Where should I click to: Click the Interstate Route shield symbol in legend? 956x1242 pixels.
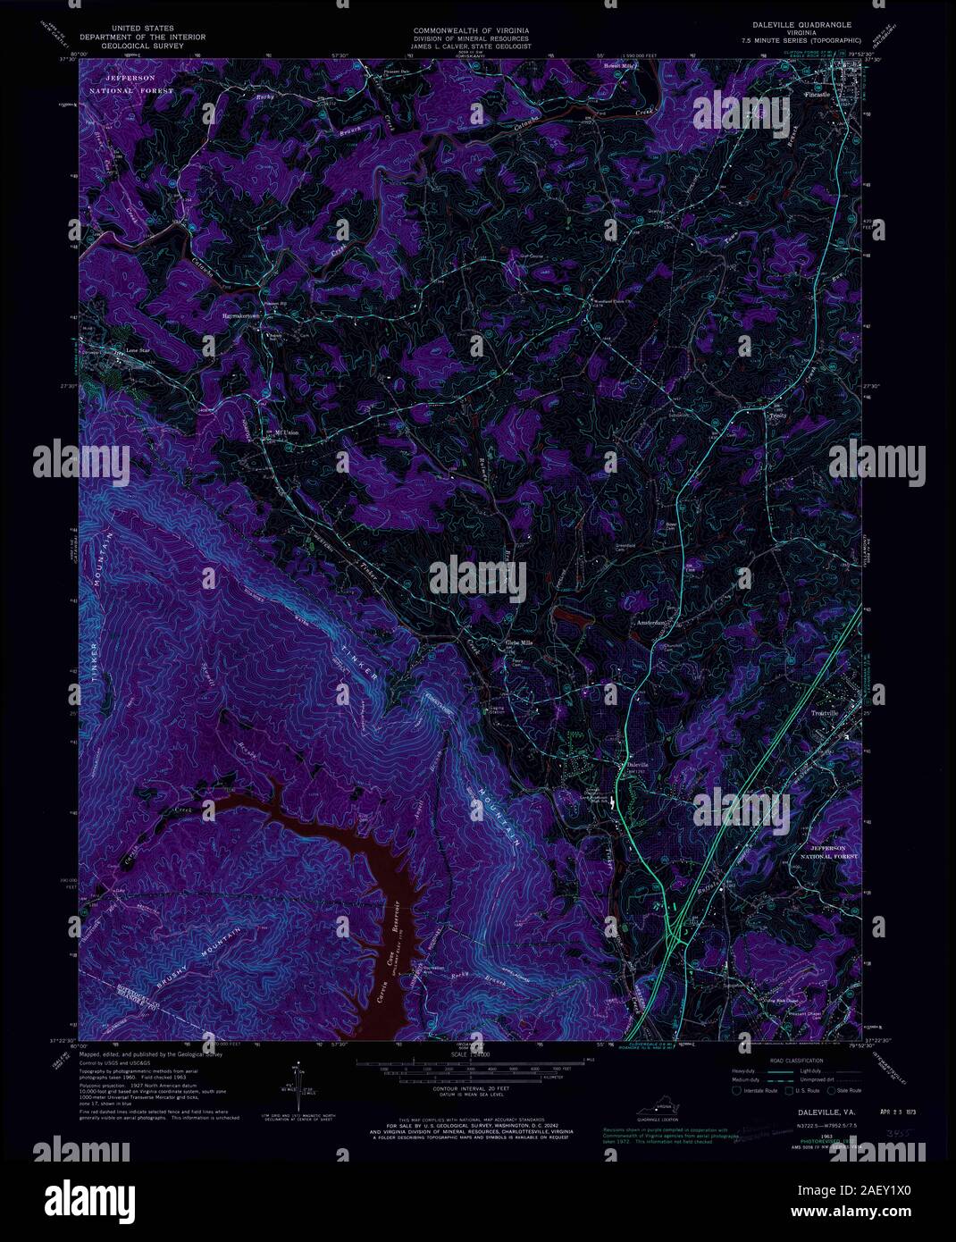(x=736, y=1090)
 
